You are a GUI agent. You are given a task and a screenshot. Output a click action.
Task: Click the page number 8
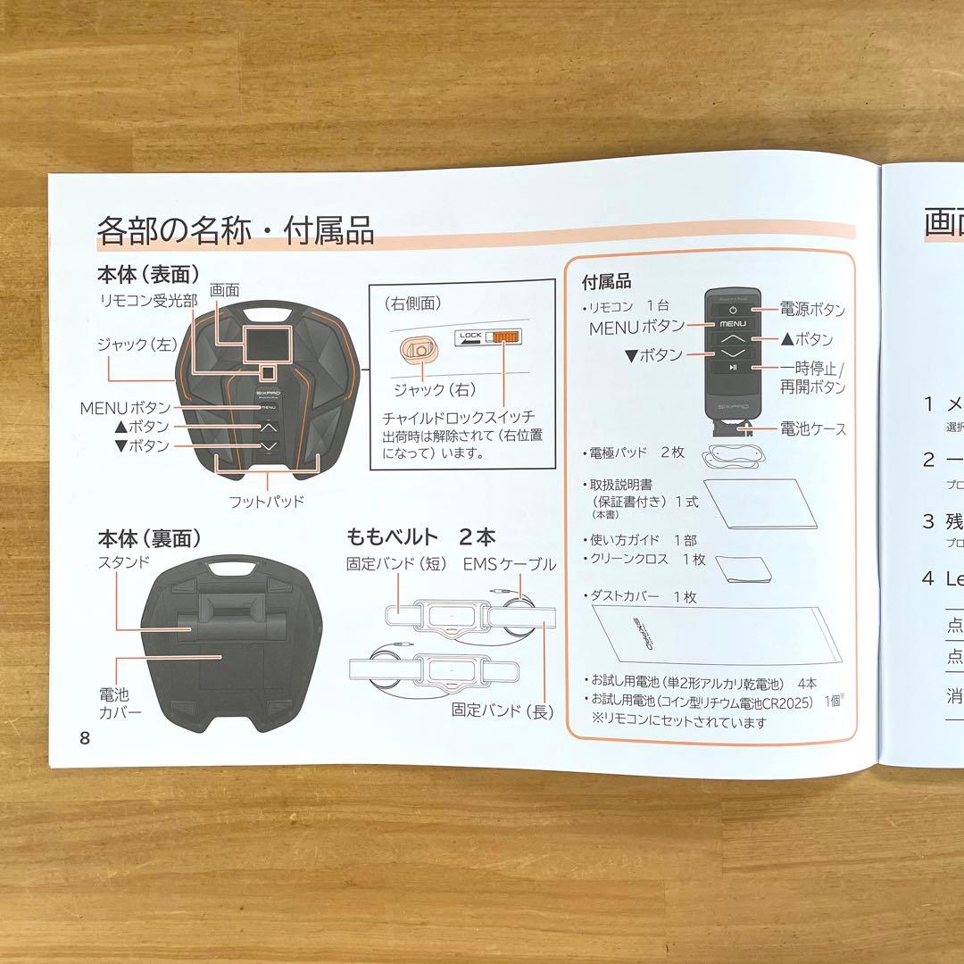85,738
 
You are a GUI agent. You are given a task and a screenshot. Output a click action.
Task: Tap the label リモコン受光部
147,301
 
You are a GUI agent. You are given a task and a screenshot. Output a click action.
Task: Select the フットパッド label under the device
266,501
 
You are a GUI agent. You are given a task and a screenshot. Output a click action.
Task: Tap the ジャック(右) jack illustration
418,348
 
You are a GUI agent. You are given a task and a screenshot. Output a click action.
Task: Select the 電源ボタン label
812,310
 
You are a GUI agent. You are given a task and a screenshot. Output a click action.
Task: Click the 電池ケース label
812,428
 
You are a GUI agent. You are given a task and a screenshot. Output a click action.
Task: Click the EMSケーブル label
510,564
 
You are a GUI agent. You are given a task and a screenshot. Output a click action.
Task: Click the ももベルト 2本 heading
420,536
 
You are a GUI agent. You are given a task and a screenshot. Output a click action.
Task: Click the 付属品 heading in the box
606,282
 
